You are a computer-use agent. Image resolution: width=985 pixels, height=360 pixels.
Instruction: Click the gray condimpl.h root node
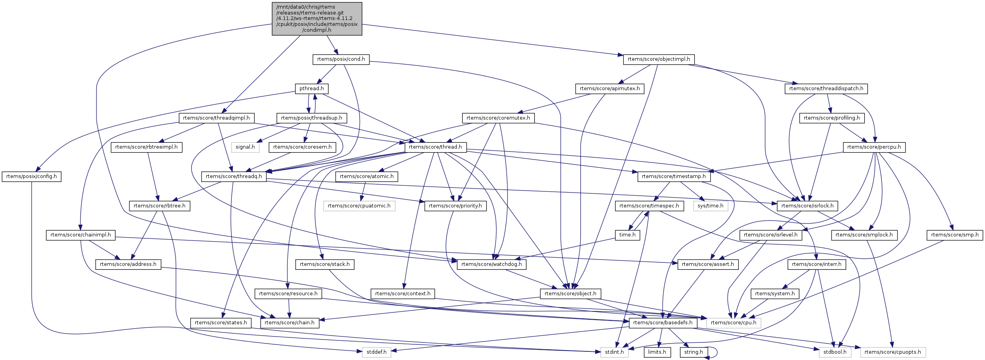pyautogui.click(x=317, y=19)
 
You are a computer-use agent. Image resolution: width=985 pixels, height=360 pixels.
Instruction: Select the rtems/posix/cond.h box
pyautogui.click(x=341, y=59)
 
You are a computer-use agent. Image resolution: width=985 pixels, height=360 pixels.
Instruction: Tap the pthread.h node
pyautogui.click(x=311, y=89)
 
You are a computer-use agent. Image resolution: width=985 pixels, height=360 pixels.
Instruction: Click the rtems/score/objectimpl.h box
pyautogui.click(x=659, y=59)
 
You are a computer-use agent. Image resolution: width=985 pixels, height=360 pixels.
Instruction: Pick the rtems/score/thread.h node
pyautogui.click(x=435, y=147)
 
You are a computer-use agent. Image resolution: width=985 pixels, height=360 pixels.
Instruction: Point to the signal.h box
pyautogui.click(x=245, y=147)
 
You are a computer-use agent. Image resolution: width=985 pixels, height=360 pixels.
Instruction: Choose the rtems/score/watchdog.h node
pyautogui.click(x=491, y=264)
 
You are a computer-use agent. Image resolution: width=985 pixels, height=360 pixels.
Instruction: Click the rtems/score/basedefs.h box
pyautogui.click(x=663, y=323)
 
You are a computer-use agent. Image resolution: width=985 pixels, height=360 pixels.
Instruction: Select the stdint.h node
pyautogui.click(x=614, y=352)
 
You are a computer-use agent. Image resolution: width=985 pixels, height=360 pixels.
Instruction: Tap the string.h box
pyautogui.click(x=694, y=352)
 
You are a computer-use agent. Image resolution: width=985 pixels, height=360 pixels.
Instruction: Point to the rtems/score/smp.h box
pyautogui.click(x=955, y=235)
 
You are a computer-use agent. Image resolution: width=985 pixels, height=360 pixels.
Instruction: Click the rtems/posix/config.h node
pyautogui.click(x=31, y=176)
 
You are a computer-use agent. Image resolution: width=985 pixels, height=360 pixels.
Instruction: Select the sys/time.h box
pyautogui.click(x=711, y=206)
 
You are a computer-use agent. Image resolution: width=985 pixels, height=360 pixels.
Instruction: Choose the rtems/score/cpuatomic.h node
pyautogui.click(x=359, y=206)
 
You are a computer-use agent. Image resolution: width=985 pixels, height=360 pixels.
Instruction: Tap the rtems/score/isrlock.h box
pyautogui.click(x=807, y=206)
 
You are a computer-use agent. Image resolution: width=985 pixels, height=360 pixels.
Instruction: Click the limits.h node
pyautogui.click(x=657, y=352)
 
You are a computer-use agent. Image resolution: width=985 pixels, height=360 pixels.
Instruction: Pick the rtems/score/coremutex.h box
pyautogui.click(x=498, y=118)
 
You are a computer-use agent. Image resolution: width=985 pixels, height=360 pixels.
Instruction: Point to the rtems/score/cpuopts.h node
pyautogui.click(x=893, y=352)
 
